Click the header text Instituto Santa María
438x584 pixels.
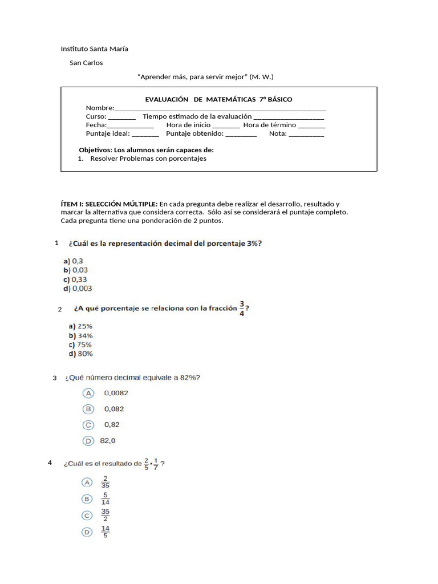94,48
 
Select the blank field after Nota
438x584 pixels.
306,134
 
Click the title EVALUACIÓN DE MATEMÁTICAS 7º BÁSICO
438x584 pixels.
218,99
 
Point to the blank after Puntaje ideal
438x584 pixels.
145,134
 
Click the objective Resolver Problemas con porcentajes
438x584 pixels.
148,159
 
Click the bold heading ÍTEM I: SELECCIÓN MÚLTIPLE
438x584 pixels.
109,204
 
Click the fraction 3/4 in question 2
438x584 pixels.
242,309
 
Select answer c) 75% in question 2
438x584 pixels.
80,344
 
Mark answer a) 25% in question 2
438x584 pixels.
80,326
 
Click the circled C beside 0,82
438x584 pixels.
88,425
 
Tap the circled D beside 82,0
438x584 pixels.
88,441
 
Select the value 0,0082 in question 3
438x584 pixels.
116,393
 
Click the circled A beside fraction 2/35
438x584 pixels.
88,482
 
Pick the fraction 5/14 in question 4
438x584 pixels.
106,499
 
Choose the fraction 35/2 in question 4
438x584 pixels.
106,516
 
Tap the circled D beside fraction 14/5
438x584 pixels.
88,532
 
